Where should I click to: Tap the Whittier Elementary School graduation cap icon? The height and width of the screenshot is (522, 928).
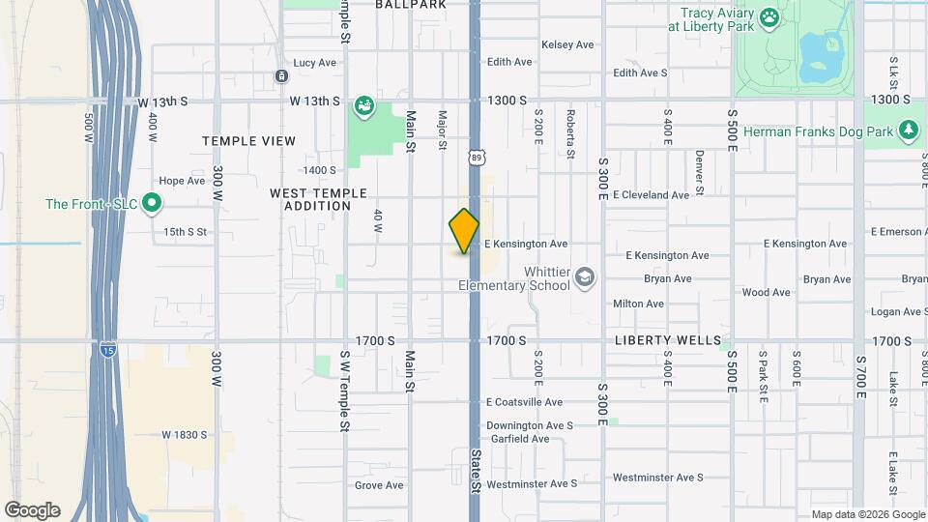click(584, 278)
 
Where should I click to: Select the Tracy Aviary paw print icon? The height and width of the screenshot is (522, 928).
click(769, 17)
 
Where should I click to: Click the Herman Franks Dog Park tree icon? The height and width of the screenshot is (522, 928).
click(907, 130)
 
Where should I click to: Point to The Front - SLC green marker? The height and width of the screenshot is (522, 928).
click(151, 203)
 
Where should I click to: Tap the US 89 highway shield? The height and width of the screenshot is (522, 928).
click(476, 157)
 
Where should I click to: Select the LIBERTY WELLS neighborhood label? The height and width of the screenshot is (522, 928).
click(668, 340)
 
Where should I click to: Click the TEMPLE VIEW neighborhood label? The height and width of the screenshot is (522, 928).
click(248, 141)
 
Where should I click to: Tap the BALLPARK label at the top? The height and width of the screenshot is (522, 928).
click(410, 5)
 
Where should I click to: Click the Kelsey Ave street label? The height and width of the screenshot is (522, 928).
click(567, 44)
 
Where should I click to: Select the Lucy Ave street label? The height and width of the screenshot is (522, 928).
click(314, 63)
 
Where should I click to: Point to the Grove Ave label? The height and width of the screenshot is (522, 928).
click(379, 485)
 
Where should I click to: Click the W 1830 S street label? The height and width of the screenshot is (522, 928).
click(184, 435)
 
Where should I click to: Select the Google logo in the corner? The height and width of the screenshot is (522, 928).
click(32, 510)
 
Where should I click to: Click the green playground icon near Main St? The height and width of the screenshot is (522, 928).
click(363, 105)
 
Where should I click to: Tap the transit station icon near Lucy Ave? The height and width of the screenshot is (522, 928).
click(280, 76)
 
